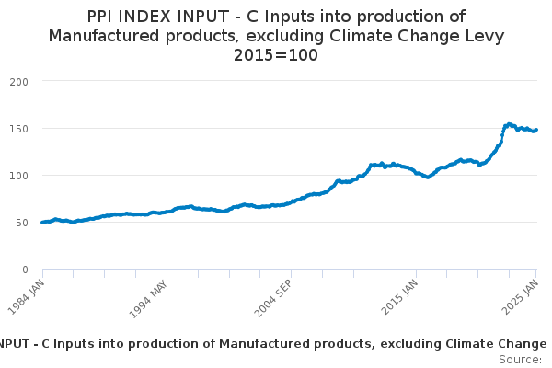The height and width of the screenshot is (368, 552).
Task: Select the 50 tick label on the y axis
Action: pyautogui.click(x=23, y=222)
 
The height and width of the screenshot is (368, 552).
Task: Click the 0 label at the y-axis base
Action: pyautogui.click(x=27, y=270)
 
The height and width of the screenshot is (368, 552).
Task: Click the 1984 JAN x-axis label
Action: pyautogui.click(x=29, y=293)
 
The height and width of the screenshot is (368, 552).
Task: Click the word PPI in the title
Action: pyautogui.click(x=104, y=17)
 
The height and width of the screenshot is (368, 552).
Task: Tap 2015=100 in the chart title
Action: pyautogui.click(x=276, y=55)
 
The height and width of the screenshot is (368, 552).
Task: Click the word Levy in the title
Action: pyautogui.click(x=483, y=36)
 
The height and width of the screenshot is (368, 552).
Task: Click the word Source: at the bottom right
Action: pyautogui.click(x=520, y=359)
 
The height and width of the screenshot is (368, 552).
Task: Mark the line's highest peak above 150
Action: pyautogui.click(x=509, y=123)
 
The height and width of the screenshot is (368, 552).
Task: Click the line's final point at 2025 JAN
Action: pyautogui.click(x=536, y=130)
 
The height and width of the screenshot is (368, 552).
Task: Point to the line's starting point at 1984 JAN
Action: pyautogui.click(x=42, y=223)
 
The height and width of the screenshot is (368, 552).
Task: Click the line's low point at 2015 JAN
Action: pyautogui.click(x=428, y=177)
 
